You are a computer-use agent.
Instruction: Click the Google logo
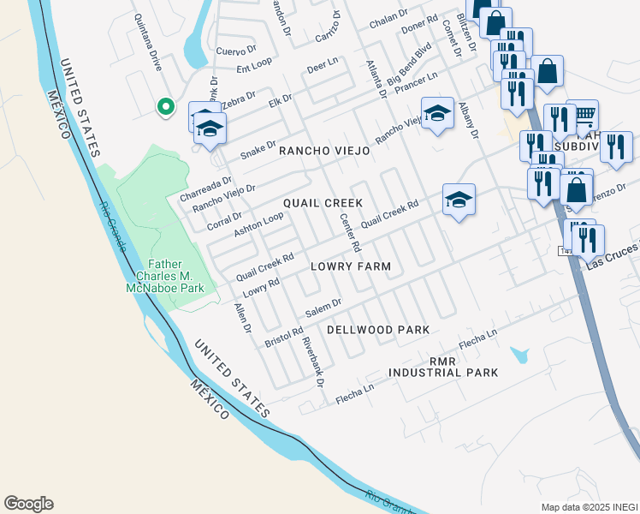point(28,504)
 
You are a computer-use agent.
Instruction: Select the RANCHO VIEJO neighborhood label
point(324,151)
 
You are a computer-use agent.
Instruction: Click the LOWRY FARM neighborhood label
point(351,267)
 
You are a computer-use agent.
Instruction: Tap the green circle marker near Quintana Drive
point(166,107)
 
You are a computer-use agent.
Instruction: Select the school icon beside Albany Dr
point(436,112)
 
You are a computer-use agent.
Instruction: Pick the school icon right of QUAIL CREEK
point(459,200)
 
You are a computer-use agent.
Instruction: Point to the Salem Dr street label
point(324,306)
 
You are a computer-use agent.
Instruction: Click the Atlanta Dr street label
point(374,79)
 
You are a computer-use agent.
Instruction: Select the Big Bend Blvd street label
point(409,69)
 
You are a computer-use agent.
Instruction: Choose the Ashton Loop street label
point(258,224)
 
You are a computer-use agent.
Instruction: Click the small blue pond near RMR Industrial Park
point(519,355)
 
